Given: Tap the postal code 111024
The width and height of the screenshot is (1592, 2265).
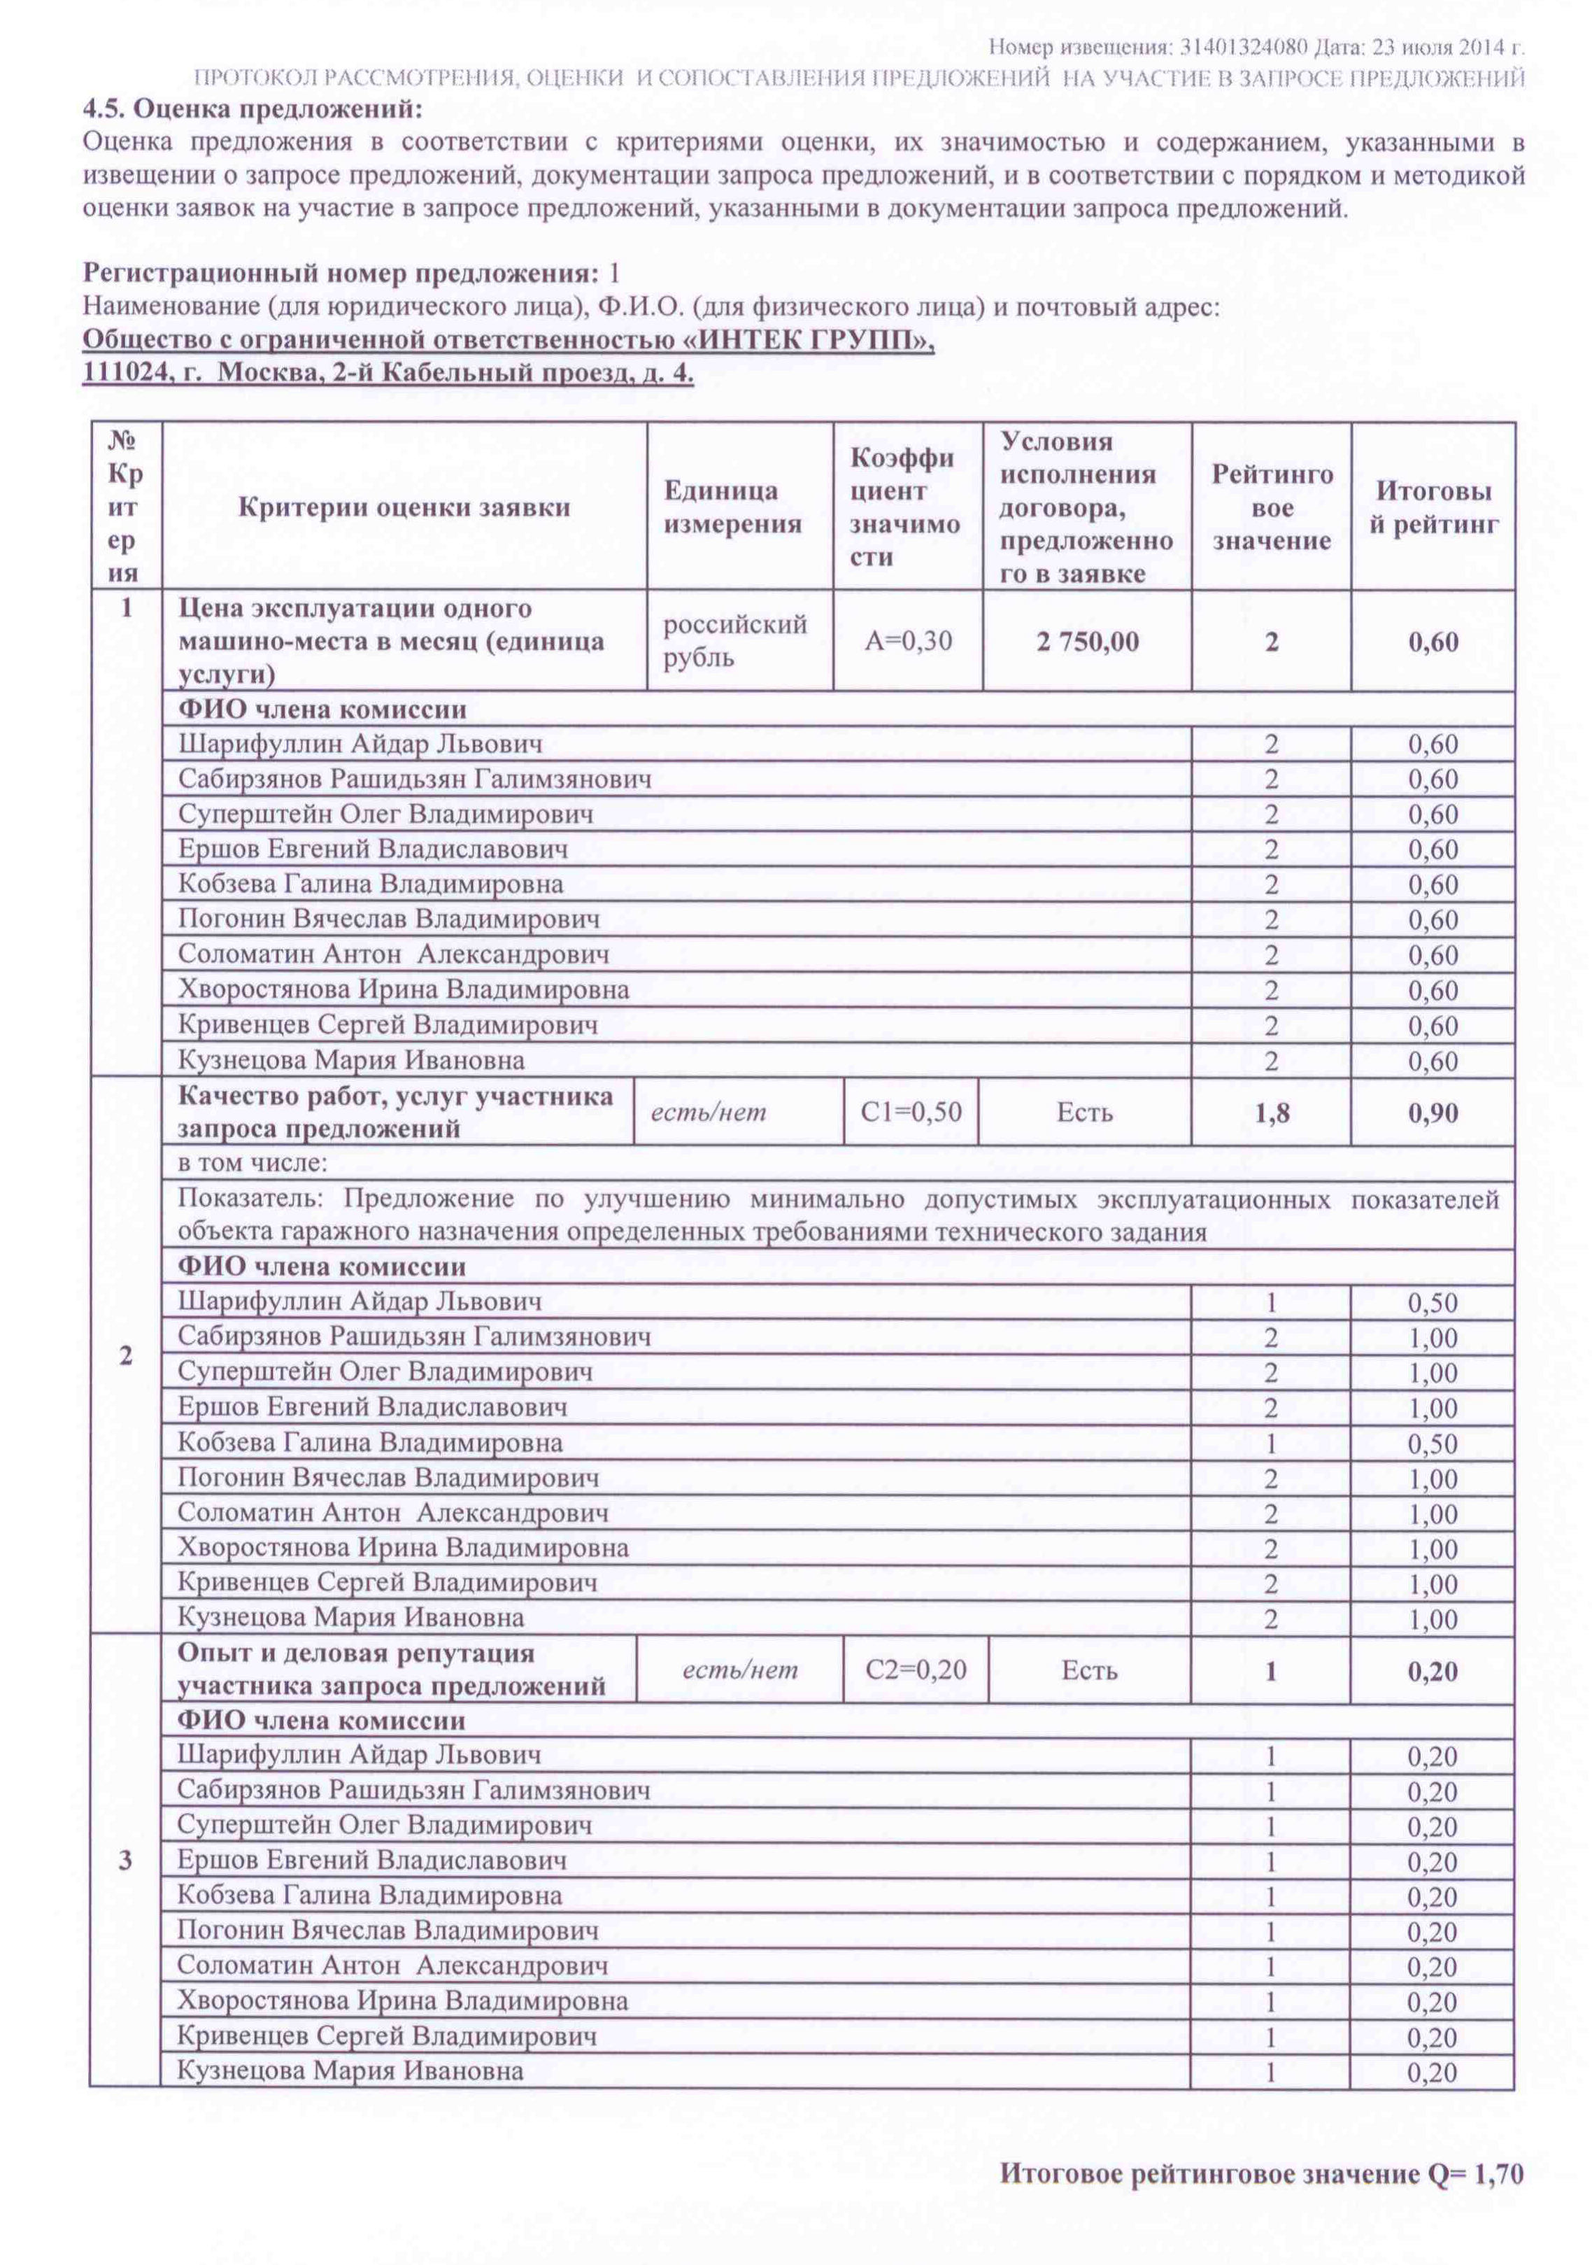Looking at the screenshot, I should (118, 374).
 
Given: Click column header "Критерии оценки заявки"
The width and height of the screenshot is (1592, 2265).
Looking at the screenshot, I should (404, 507).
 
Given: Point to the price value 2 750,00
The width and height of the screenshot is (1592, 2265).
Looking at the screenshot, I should (1087, 641).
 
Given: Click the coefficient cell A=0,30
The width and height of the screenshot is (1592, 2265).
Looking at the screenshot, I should (907, 641).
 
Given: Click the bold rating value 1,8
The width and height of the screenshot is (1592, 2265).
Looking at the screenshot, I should (1272, 1113).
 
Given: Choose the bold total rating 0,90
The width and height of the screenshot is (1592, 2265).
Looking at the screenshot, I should (1433, 1113).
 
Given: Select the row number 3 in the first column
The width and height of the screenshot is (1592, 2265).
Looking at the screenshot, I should (125, 1861).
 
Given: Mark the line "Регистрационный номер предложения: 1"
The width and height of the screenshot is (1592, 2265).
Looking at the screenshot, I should (351, 274).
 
